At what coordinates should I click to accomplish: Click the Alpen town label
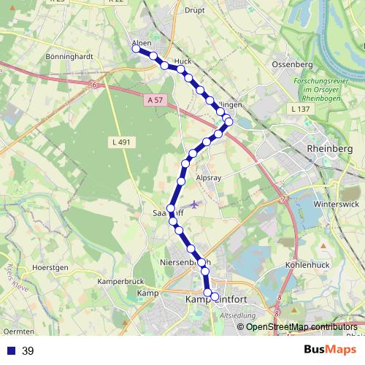tap(142, 42)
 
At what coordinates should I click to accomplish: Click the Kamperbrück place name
tap(123, 280)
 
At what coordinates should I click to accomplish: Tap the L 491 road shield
tap(121, 142)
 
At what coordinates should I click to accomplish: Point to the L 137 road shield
tap(300, 109)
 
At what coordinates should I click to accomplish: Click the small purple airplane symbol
tap(193, 204)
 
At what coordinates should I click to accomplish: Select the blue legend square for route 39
tap(10, 351)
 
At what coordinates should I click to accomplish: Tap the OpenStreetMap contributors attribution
tap(301, 326)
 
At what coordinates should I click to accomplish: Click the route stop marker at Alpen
tap(136, 49)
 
